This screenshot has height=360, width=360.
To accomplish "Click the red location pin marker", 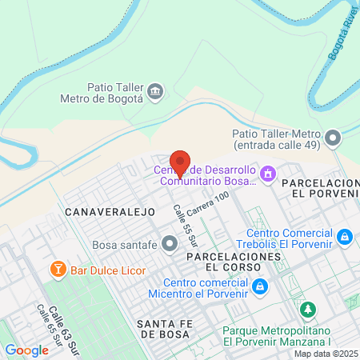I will point(180,162).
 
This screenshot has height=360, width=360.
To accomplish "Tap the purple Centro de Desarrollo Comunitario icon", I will point(269,172).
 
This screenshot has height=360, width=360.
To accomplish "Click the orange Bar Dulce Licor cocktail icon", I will point(58,270).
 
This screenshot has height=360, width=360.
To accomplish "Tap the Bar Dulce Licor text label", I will point(108,270).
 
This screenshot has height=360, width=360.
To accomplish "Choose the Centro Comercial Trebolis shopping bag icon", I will point(344,237).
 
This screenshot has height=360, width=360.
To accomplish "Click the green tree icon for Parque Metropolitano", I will point(306,309).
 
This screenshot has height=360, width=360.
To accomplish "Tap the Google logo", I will point(26,350).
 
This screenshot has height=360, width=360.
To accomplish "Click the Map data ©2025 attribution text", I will point(325,354).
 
